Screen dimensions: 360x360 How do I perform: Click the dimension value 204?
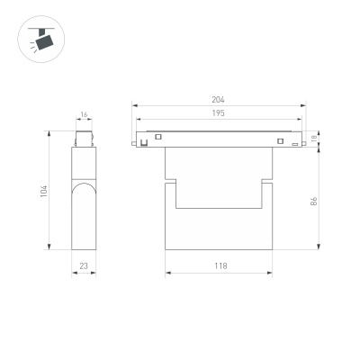[218, 99]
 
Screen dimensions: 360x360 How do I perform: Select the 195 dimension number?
[218, 113]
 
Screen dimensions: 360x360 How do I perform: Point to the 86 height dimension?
[314, 201]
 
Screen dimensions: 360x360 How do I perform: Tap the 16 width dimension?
[84, 116]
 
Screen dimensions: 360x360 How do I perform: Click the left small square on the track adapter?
[157, 137]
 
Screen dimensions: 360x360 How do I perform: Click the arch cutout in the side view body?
[84, 193]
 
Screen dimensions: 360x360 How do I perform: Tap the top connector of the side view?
[84, 139]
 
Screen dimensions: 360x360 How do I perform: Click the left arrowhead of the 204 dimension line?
[136, 106]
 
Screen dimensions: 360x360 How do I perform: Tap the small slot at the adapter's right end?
[294, 143]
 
